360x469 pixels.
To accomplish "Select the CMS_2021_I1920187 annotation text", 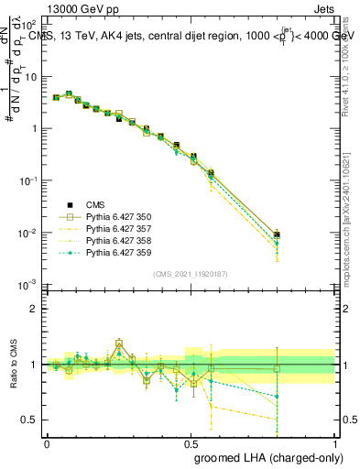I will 191,274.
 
